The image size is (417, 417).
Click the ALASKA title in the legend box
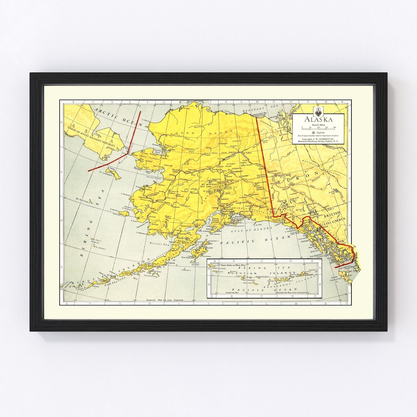click(x=319, y=120)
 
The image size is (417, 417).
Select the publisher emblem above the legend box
click(x=319, y=110)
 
